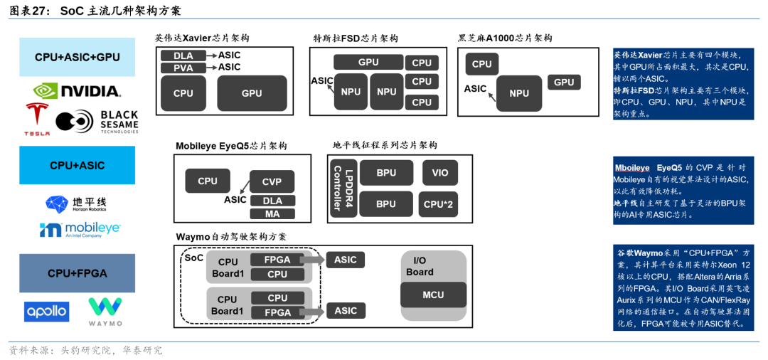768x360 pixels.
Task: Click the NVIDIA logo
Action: coord(77,90)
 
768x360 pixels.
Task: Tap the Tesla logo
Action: coord(37,119)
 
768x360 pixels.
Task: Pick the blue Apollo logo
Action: coord(47,311)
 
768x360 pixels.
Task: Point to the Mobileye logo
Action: coord(80,229)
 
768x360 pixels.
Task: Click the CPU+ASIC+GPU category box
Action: coord(77,57)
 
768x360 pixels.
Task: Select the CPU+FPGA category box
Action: coord(77,273)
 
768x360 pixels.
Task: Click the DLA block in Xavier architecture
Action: coord(183,55)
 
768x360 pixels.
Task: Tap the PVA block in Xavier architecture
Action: coord(183,68)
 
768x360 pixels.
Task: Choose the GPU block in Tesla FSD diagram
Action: coord(368,63)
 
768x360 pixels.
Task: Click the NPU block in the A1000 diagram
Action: coord(519,93)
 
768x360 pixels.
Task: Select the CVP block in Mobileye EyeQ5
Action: coord(272,182)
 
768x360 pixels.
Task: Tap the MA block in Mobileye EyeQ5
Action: coord(272,213)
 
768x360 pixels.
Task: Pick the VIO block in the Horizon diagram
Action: coord(439,173)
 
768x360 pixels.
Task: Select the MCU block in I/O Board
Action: coord(433,295)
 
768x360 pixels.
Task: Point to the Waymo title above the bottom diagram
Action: coord(231,236)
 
